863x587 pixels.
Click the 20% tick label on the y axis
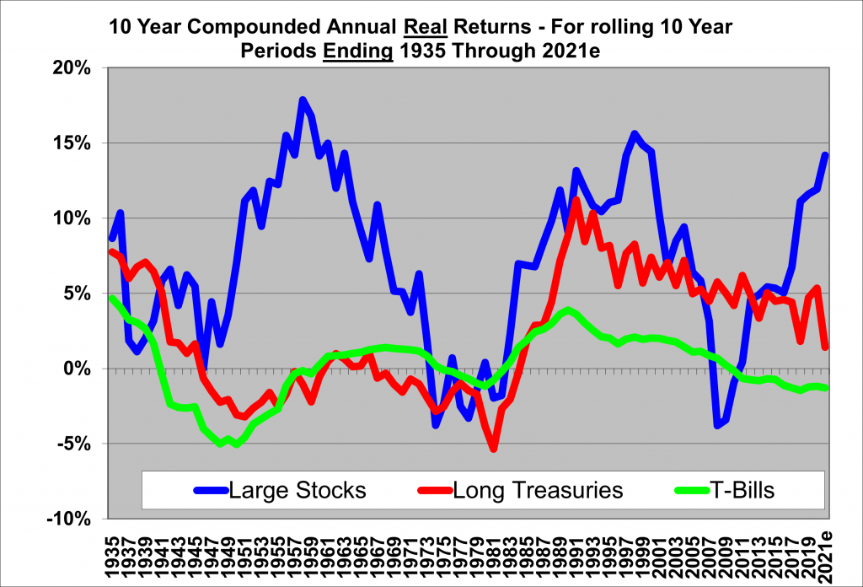tap(72, 68)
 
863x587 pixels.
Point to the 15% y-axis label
tap(72, 143)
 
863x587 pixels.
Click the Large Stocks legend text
tap(297, 490)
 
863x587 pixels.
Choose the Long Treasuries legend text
tap(538, 490)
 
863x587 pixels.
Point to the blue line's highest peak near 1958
tap(303, 100)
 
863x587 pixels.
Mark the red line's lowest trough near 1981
tap(494, 449)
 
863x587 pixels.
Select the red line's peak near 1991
tap(576, 200)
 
